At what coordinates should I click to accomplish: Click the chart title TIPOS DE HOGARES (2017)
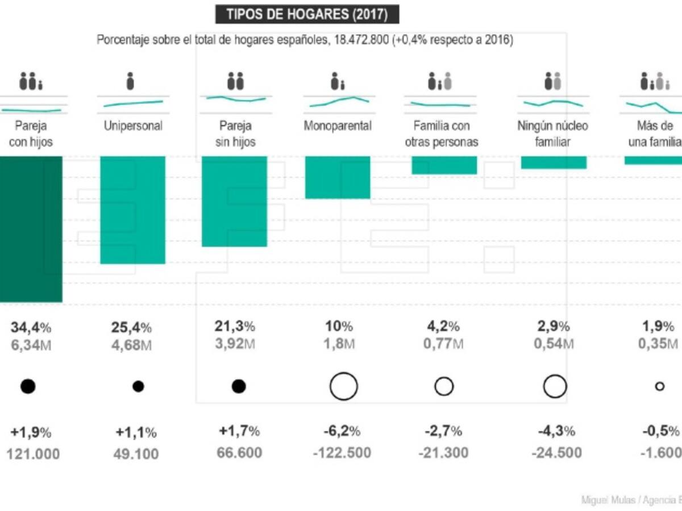tap(307, 14)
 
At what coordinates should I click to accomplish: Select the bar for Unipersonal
tap(132, 210)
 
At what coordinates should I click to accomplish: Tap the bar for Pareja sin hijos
tap(234, 201)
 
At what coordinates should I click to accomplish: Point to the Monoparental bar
tap(338, 177)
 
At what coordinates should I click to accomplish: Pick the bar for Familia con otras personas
tap(444, 165)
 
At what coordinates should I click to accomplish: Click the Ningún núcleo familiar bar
tap(554, 162)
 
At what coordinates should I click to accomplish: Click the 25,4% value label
tap(130, 328)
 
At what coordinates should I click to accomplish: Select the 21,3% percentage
tap(235, 326)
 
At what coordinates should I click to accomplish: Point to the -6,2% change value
tap(339, 432)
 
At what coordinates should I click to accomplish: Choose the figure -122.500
tap(342, 453)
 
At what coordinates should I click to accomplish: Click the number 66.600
tap(239, 453)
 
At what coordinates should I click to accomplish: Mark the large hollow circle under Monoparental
tap(343, 387)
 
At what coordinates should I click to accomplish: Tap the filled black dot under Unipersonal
tap(138, 387)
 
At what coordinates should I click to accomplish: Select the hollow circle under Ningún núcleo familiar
tap(555, 387)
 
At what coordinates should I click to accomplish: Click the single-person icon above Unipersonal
tap(130, 81)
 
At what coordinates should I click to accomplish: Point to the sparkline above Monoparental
tap(339, 102)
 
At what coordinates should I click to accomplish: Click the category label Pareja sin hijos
tap(234, 133)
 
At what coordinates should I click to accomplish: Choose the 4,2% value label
tap(444, 326)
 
